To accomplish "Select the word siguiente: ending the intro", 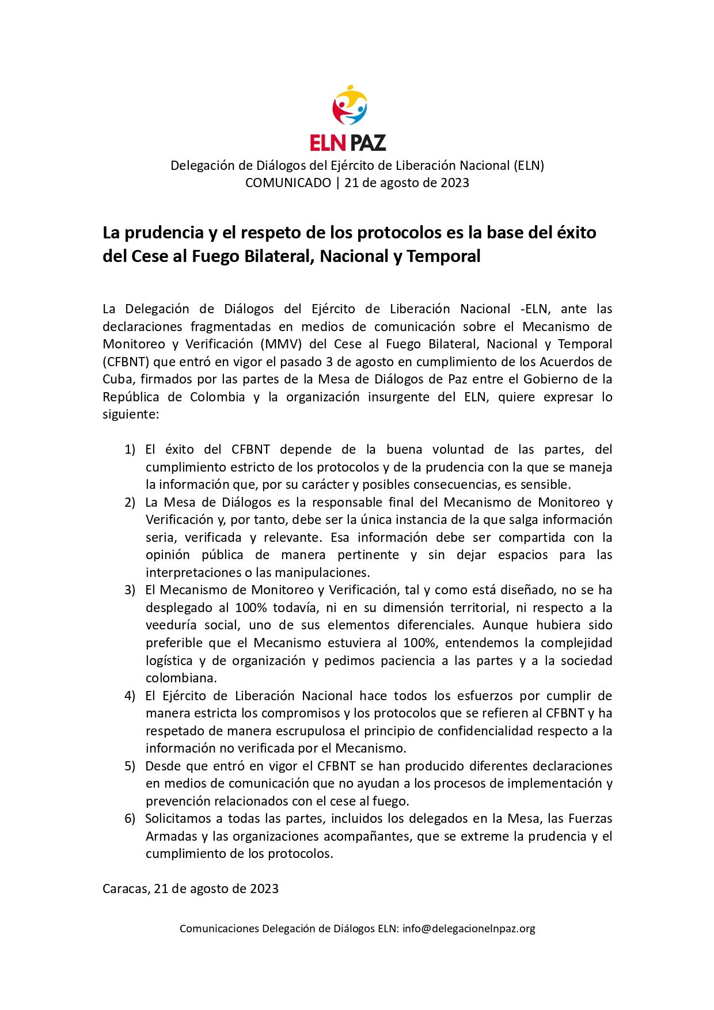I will [x=130, y=415].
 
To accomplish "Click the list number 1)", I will [x=130, y=449].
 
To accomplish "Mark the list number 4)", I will [x=130, y=696].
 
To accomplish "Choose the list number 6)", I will [x=130, y=819].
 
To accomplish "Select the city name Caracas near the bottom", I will [x=125, y=889].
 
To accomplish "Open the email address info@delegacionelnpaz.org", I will [x=469, y=929].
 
